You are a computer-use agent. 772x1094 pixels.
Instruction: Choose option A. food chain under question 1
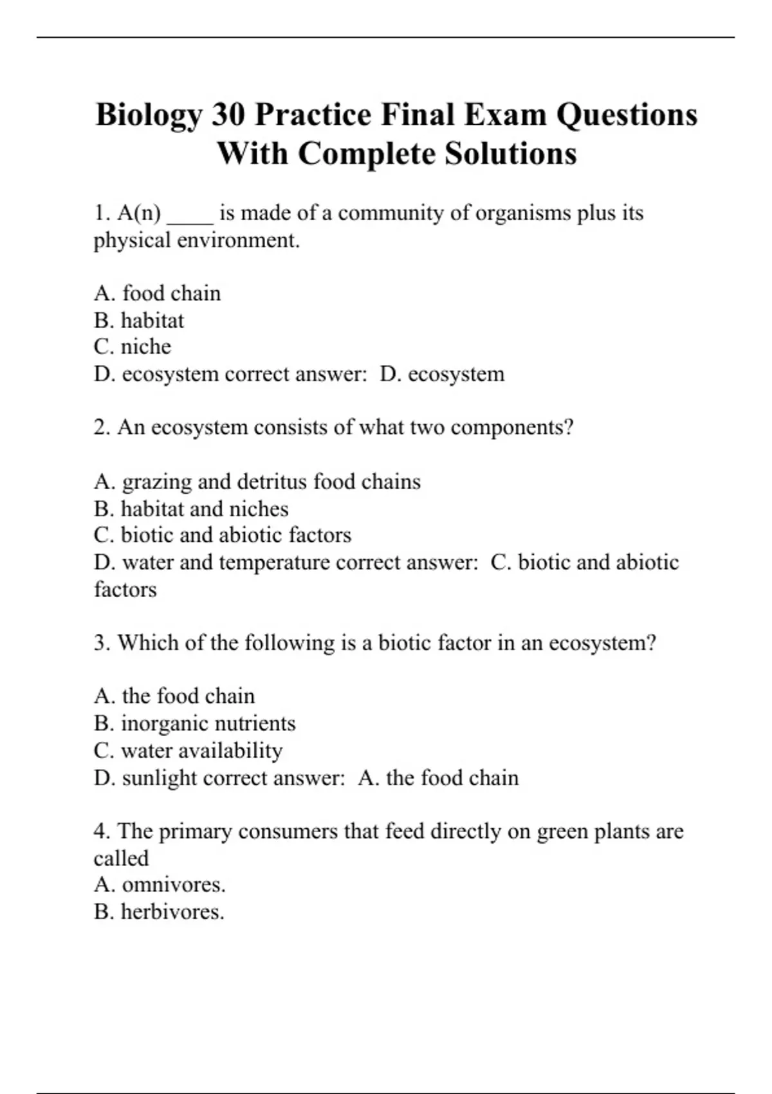coord(157,293)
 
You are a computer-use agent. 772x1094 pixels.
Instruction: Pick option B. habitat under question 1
coord(139,320)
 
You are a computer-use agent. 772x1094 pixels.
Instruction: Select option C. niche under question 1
coord(133,347)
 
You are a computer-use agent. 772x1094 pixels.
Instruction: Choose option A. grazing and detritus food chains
coord(257,482)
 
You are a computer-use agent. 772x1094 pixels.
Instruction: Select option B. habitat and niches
coord(191,509)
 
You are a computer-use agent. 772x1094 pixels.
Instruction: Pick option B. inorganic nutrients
coord(195,723)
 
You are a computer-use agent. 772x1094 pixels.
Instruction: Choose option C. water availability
coord(188,751)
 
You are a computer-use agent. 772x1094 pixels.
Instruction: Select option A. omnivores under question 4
coord(160,885)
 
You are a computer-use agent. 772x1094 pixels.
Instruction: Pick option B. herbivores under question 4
coord(159,913)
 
